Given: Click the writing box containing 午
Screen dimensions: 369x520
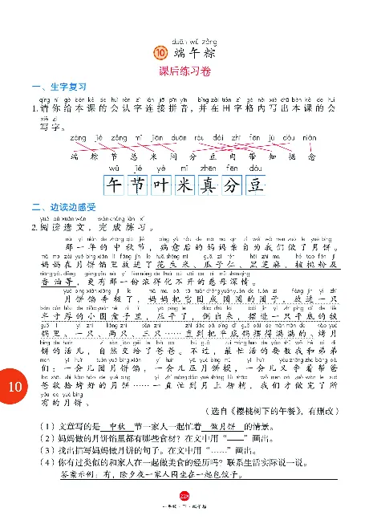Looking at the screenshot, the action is pos(112,186).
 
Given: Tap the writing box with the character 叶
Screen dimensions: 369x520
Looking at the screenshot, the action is pos(161,186).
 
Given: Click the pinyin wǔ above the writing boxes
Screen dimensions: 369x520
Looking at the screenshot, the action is pos(112,170).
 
